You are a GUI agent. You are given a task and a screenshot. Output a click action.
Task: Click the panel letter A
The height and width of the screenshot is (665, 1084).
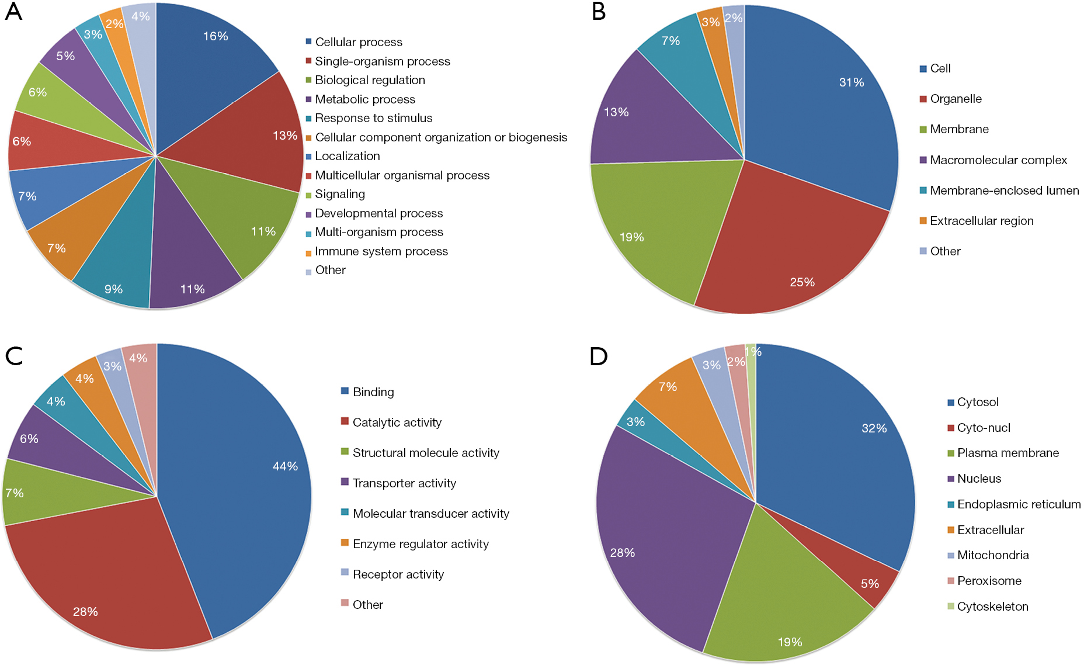13,12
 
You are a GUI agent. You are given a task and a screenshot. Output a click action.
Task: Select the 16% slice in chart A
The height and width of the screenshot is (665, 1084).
210,64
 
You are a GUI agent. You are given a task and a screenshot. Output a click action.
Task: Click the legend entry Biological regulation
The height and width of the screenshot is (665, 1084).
365,80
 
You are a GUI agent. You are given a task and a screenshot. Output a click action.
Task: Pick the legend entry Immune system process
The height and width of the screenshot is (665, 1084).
377,251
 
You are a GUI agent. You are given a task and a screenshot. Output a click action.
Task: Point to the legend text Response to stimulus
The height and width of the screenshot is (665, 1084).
374,118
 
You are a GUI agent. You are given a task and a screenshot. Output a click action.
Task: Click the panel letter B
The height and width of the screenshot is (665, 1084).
599,12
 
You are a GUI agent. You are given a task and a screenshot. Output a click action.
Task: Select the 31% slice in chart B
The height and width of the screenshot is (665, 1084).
829,99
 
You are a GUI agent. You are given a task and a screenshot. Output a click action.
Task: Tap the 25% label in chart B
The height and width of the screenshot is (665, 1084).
802,282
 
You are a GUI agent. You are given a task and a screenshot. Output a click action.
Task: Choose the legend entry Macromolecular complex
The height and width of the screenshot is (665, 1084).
993,160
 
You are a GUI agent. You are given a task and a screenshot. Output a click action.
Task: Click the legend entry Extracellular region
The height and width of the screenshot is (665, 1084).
977,221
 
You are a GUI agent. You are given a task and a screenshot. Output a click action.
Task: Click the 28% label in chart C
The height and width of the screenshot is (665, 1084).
85,612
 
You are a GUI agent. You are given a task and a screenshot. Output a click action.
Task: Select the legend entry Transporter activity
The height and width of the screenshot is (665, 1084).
399,483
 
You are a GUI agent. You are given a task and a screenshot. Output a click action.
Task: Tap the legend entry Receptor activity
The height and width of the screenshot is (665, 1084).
392,574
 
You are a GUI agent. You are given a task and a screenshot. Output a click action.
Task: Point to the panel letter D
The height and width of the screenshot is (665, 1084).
599,356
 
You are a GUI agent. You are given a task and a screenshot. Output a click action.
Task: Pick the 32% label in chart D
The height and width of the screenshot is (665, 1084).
874,428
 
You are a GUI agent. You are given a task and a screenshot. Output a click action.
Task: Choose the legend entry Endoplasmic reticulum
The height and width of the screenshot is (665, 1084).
1014,504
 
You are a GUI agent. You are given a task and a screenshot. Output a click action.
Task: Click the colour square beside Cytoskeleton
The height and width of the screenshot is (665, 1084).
951,606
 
